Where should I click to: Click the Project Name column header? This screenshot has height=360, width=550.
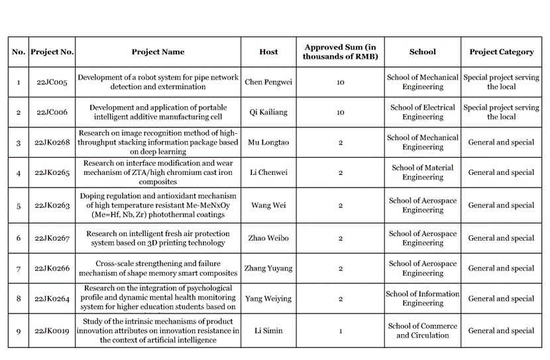click(x=158, y=52)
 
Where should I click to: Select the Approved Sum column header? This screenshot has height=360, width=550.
click(x=340, y=52)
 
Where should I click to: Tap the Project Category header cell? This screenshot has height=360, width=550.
click(x=501, y=52)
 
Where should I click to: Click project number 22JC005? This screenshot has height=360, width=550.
click(x=52, y=82)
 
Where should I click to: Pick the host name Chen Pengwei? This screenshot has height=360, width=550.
click(x=268, y=82)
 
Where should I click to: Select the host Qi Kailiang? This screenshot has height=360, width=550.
click(x=268, y=112)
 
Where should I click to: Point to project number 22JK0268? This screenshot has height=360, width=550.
click(x=52, y=143)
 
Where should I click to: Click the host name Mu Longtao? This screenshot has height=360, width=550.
click(x=268, y=143)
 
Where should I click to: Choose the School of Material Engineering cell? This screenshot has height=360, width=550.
click(x=422, y=172)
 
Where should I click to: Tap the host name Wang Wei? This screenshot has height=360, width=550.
click(x=268, y=206)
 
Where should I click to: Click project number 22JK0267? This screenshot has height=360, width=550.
click(x=52, y=238)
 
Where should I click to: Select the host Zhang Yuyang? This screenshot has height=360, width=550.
click(x=268, y=269)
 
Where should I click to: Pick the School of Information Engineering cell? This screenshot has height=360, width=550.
click(x=422, y=298)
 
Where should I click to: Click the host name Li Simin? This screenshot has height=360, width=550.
click(x=268, y=331)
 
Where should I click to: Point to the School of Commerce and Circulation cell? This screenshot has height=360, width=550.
click(x=422, y=331)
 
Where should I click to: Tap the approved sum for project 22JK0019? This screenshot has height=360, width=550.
click(x=340, y=331)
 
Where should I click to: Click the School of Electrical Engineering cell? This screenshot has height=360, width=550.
click(x=422, y=112)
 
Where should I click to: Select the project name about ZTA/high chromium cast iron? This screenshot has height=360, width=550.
click(x=158, y=172)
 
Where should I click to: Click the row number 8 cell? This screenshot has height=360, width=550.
click(x=19, y=298)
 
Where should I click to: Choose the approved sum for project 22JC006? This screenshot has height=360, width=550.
click(x=340, y=112)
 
